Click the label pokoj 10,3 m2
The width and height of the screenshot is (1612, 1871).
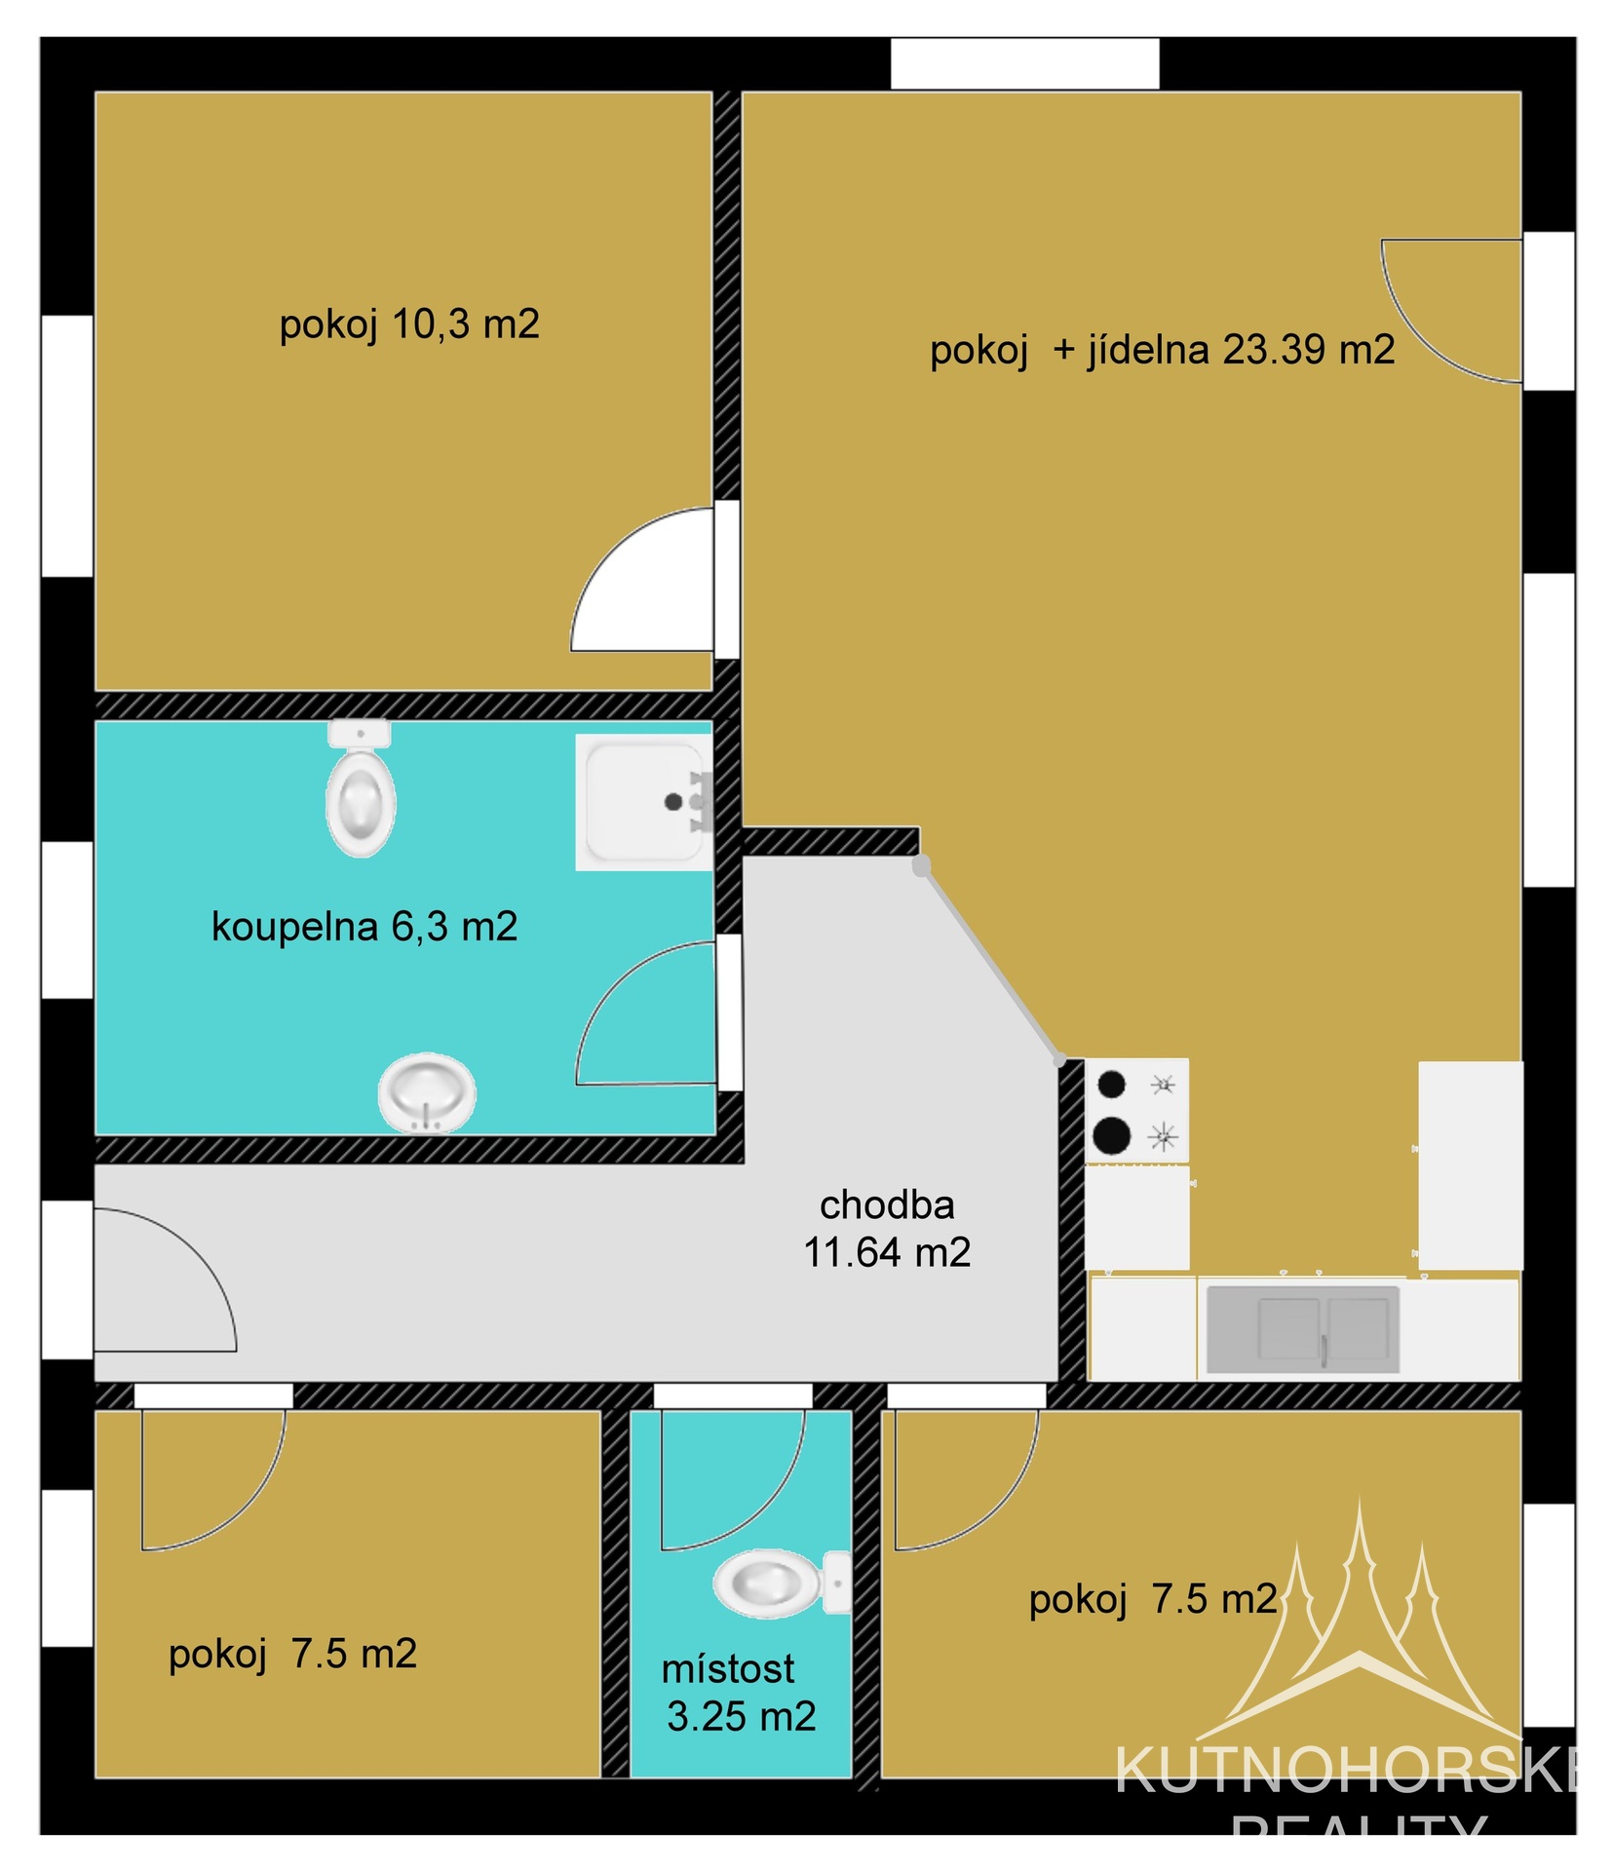point(408,325)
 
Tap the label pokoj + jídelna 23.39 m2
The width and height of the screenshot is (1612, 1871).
point(1161,350)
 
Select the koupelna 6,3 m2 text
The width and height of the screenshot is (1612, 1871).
point(364,927)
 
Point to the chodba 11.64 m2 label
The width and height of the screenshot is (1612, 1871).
point(886,1229)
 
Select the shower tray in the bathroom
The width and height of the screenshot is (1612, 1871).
point(643,802)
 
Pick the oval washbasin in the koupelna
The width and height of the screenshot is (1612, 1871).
point(426,1092)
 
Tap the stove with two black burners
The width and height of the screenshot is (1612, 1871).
point(1135,1110)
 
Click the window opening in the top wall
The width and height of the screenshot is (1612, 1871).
point(1023,64)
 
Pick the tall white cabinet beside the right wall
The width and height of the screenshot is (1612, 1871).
point(1469,1165)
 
